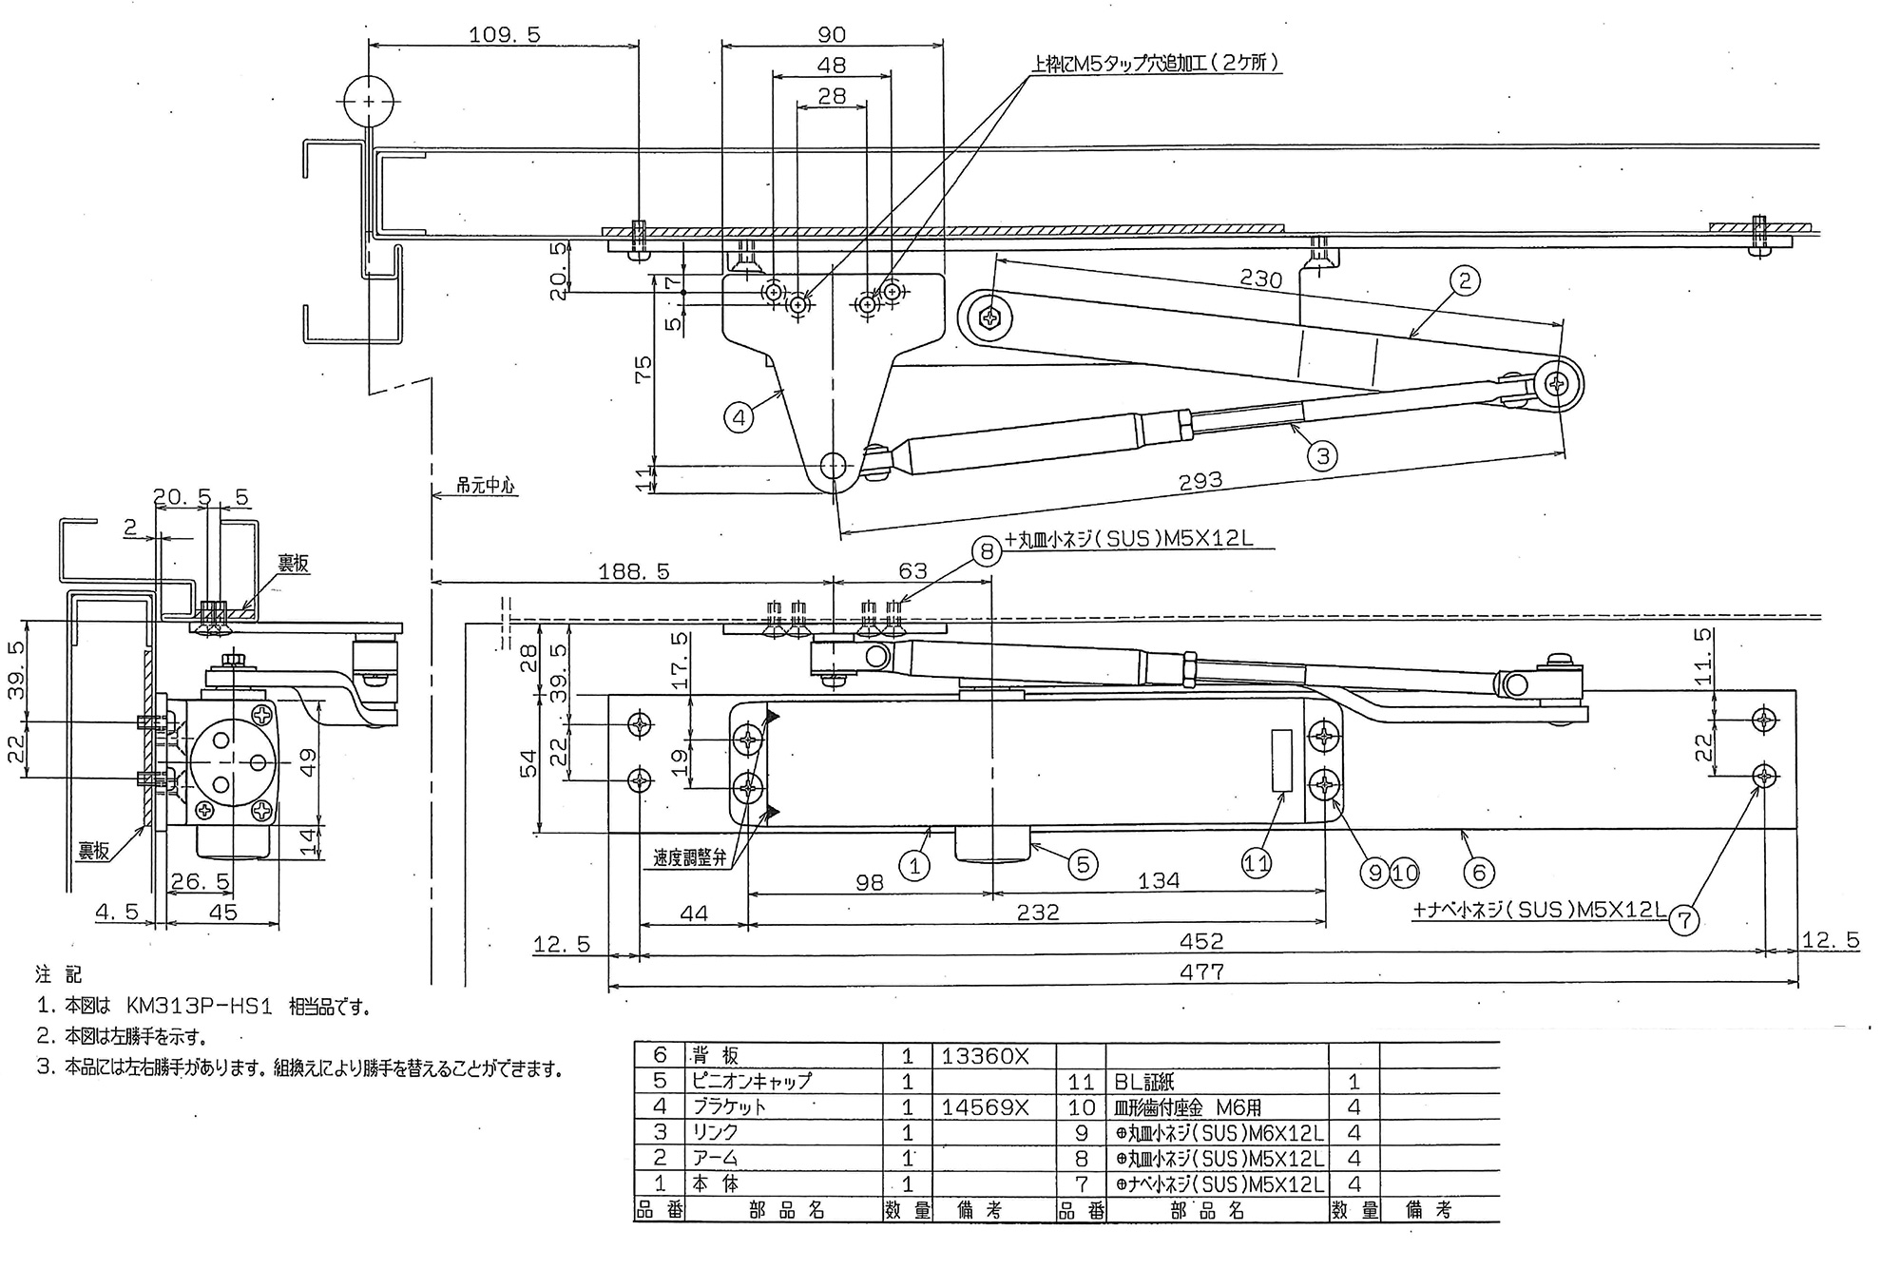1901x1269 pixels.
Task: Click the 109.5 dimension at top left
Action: click(504, 35)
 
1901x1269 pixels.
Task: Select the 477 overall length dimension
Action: click(1201, 971)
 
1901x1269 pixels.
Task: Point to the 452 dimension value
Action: click(1201, 941)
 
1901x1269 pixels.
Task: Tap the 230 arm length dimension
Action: click(1261, 279)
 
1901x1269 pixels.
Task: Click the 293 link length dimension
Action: click(1200, 482)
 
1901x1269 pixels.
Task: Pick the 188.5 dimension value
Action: click(633, 571)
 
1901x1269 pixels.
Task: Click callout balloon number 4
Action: click(739, 416)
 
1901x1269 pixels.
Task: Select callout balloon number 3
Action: click(1322, 456)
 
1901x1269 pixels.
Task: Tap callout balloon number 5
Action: click(1082, 864)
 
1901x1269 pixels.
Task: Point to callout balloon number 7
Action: click(1685, 919)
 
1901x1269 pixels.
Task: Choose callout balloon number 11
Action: click(1257, 863)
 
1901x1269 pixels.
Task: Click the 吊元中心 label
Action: click(485, 486)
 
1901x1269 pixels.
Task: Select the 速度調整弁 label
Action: click(689, 857)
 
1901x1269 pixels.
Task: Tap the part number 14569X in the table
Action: click(985, 1106)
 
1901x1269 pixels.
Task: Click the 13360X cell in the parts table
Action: click(985, 1055)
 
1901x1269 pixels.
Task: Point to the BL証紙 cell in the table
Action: click(1152, 1082)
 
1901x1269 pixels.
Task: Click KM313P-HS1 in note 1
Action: click(199, 1007)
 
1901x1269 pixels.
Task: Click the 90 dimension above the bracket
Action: click(832, 35)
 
